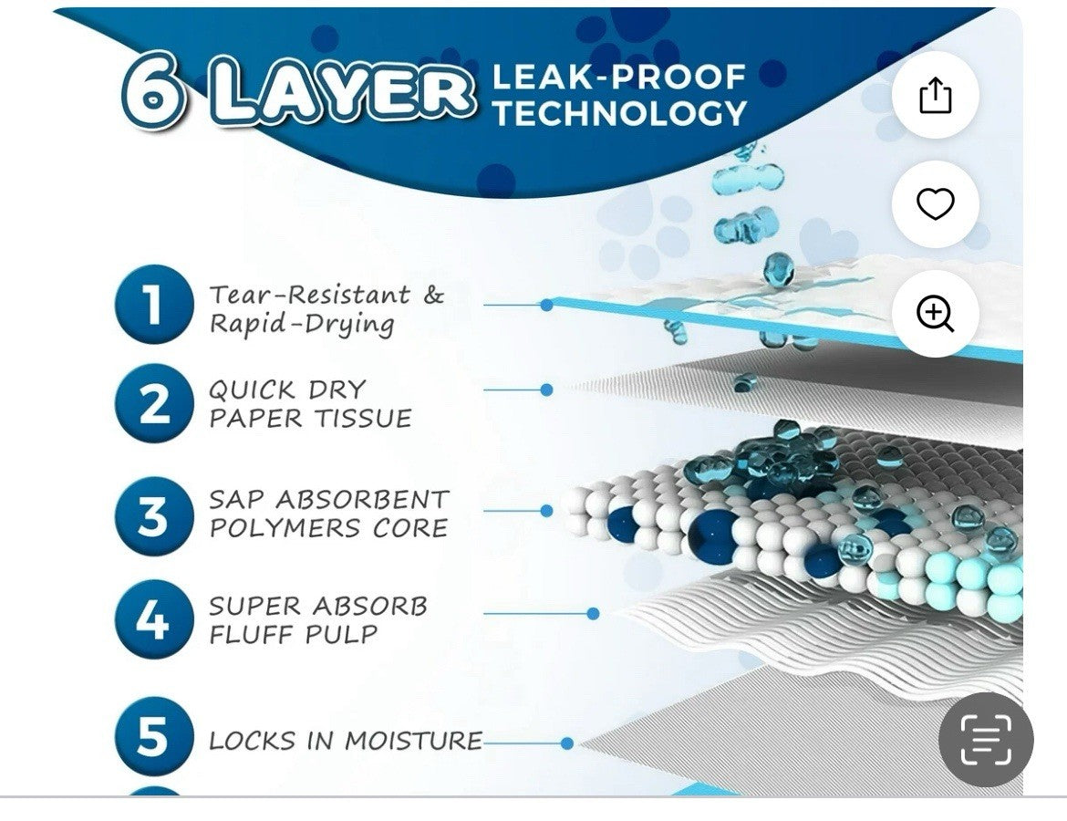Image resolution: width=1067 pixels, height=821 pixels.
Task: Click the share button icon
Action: (x=935, y=95)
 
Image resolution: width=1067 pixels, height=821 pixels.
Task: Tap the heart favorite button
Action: (x=935, y=203)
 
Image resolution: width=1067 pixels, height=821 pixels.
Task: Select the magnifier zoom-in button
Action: (x=935, y=313)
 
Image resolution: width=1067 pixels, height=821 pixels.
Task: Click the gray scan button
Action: (x=985, y=739)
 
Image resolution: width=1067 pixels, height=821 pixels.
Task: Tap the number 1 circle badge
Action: (x=154, y=305)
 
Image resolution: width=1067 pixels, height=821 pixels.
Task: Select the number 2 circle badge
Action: (x=154, y=403)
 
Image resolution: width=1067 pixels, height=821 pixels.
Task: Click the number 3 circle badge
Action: (x=154, y=515)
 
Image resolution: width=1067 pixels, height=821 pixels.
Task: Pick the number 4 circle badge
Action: (x=154, y=619)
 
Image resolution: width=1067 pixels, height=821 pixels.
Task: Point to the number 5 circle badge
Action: (x=154, y=736)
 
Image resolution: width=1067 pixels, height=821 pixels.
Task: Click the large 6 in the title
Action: (x=153, y=92)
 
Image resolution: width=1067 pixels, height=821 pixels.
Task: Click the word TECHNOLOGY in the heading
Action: (x=619, y=113)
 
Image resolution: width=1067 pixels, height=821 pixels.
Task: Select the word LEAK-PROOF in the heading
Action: (x=618, y=77)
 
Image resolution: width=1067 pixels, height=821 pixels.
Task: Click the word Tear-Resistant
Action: (x=310, y=295)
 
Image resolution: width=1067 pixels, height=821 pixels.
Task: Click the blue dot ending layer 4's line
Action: (x=593, y=613)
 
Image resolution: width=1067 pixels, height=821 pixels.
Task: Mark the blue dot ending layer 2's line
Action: (x=546, y=390)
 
